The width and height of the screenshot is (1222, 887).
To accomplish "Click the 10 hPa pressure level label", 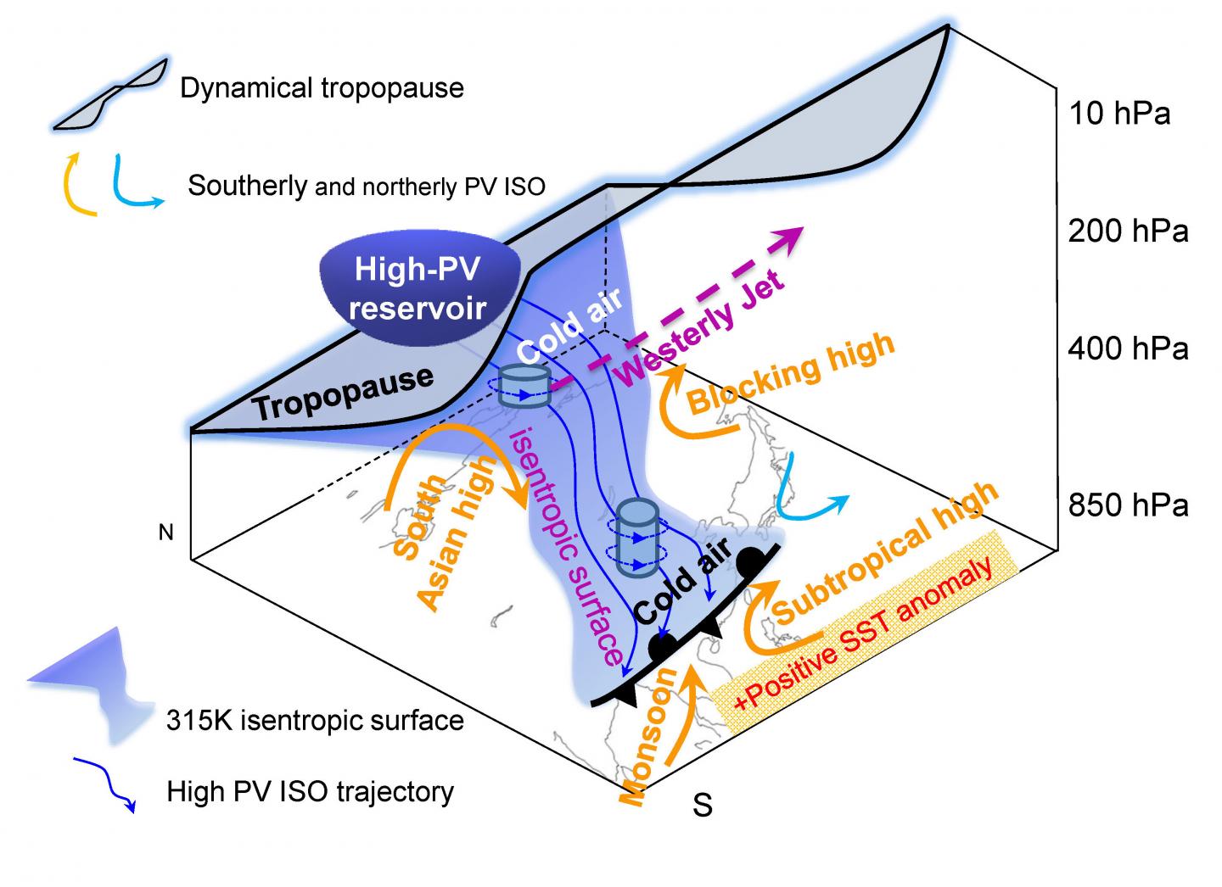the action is tap(1119, 114).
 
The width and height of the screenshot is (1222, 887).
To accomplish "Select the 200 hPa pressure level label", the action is tap(1128, 232).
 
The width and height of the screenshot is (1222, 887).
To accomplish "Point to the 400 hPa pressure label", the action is tap(1128, 349).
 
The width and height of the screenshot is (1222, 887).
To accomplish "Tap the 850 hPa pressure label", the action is tap(1128, 505).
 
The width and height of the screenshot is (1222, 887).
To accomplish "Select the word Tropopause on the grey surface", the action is tap(345, 393).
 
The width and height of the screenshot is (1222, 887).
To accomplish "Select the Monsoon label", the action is tap(649, 737).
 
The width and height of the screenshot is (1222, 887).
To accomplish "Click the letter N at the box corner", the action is tap(165, 532).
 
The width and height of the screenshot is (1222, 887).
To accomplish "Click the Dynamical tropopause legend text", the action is tap(322, 88).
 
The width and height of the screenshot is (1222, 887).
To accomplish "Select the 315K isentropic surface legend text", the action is tap(316, 720).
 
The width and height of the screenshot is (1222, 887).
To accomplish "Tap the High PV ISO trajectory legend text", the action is tap(311, 791).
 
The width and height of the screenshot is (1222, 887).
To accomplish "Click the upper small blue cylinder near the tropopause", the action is tap(524, 386).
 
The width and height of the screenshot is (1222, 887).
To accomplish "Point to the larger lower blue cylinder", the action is tap(637, 537).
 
